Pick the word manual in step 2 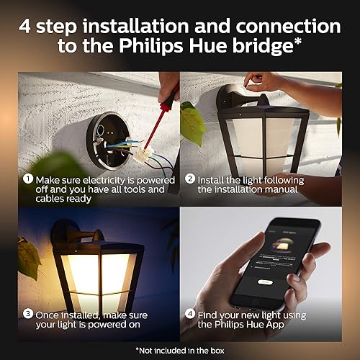tap(288, 189)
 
